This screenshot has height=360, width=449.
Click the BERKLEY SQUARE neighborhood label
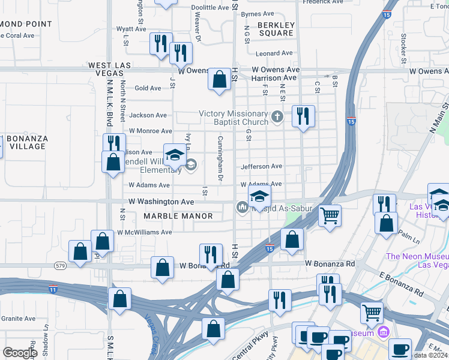pyautogui.click(x=276, y=29)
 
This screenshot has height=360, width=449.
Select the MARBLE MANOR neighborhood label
pyautogui.click(x=178, y=216)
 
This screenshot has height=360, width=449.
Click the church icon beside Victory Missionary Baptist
pyautogui.click(x=277, y=116)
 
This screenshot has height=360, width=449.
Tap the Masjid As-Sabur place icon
pyautogui.click(x=242, y=208)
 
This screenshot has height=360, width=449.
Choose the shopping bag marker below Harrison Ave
pyautogui.click(x=220, y=79)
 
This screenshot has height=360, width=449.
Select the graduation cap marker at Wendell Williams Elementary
pyautogui.click(x=175, y=157)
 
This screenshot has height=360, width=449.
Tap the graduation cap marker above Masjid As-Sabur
pyautogui.click(x=259, y=196)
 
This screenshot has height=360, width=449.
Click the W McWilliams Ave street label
pyautogui.click(x=144, y=232)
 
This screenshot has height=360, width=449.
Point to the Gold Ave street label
pyautogui.click(x=148, y=88)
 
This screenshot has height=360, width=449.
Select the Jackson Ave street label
pyautogui.click(x=148, y=115)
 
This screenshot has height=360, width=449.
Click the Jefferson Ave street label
pyautogui.click(x=261, y=166)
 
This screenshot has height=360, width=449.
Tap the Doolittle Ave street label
pyautogui.click(x=210, y=8)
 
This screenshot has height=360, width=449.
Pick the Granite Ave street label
pyautogui.click(x=18, y=319)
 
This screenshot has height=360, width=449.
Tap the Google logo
pyautogui.click(x=20, y=353)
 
